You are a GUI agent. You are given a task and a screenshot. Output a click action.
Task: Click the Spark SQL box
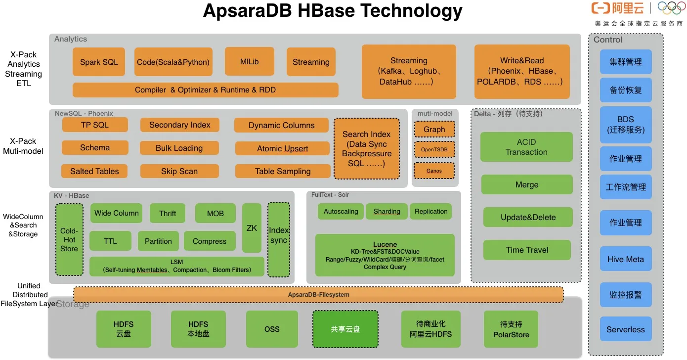(x=99, y=62)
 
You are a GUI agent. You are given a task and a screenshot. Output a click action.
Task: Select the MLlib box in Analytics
(x=249, y=62)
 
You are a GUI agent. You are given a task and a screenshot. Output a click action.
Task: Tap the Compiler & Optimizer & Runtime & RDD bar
(x=205, y=90)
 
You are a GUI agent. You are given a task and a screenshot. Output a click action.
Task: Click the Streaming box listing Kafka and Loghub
(x=409, y=71)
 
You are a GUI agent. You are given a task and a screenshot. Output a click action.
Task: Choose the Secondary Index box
(x=180, y=125)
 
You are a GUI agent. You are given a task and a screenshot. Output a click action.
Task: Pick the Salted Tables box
(x=94, y=171)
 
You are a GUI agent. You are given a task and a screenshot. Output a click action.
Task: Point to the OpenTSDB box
(x=434, y=149)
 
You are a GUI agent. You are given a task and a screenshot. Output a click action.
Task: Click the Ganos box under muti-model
(x=434, y=171)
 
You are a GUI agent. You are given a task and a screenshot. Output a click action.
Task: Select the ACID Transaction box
(x=526, y=147)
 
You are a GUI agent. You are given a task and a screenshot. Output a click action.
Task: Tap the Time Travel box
(x=527, y=250)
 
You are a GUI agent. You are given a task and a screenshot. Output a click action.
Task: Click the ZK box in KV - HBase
(x=252, y=228)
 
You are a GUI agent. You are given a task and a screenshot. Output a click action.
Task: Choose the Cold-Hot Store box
(x=69, y=240)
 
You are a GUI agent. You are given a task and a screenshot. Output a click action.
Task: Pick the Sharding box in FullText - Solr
(x=386, y=211)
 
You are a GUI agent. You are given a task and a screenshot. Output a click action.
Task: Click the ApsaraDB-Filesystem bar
(x=318, y=295)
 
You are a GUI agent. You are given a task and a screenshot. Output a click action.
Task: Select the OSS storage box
(x=272, y=329)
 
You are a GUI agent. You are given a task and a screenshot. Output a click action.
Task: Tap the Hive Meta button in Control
(x=626, y=259)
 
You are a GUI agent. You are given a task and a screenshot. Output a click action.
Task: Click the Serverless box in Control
(x=626, y=329)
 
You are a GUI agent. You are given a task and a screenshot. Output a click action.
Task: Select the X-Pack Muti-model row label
(x=23, y=146)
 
